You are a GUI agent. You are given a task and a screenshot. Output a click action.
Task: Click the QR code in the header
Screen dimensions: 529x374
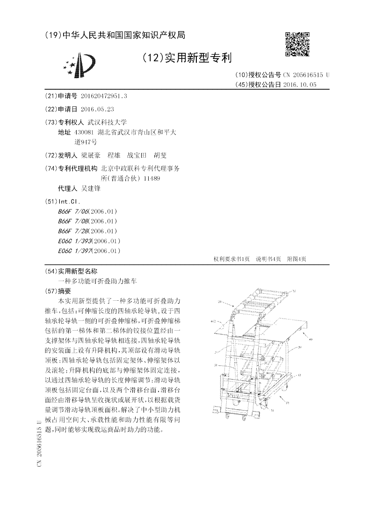[297, 44]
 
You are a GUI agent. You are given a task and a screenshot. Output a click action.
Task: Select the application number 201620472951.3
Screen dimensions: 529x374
[104, 96]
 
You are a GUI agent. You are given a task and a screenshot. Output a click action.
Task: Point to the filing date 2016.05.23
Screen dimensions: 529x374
[97, 109]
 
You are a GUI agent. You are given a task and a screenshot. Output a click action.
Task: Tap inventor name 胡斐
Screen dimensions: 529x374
[160, 155]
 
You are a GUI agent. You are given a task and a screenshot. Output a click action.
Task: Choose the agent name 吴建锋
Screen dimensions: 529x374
[87, 188]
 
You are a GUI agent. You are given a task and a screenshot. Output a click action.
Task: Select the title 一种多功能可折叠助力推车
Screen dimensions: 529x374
[98, 281]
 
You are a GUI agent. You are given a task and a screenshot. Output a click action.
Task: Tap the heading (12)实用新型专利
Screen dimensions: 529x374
[187, 58]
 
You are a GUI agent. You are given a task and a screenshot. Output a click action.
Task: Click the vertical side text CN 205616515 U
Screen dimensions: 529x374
[40, 443]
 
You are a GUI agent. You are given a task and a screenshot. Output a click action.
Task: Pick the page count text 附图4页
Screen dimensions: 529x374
[296, 259]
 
